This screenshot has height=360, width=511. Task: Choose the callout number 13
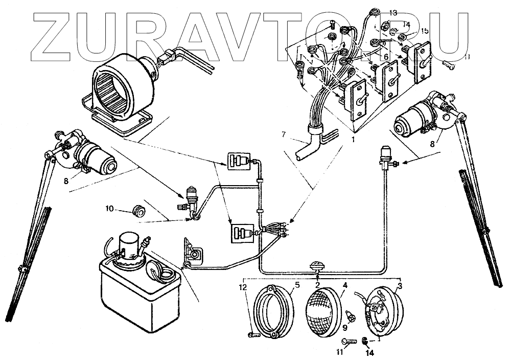click(x=392, y=12)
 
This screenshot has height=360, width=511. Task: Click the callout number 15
click(x=425, y=31)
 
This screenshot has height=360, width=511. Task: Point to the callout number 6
click(x=386, y=56)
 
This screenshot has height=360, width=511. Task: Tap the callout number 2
click(x=317, y=284)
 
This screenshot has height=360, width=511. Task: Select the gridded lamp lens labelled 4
click(x=324, y=312)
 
